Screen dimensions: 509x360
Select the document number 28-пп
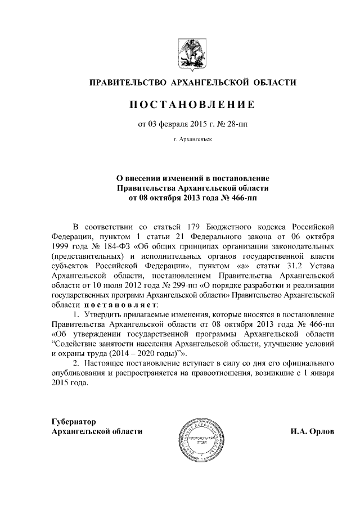(236, 124)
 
